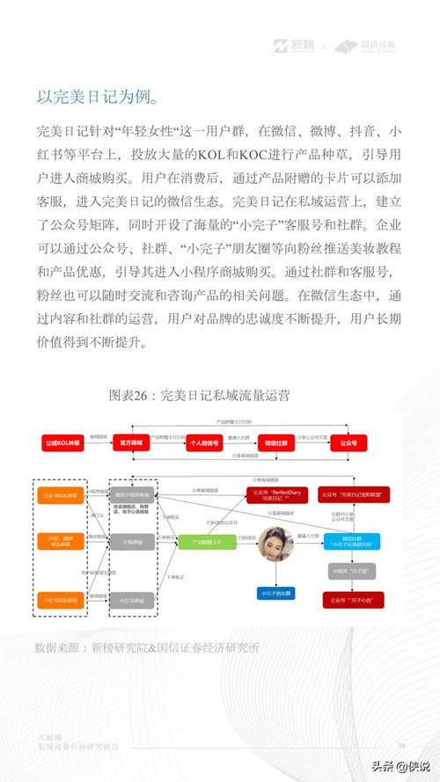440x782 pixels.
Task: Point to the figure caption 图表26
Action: pyautogui.click(x=199, y=395)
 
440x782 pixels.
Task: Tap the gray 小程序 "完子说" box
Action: pyautogui.click(x=350, y=571)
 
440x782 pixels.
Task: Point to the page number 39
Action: pyautogui.click(x=401, y=745)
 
